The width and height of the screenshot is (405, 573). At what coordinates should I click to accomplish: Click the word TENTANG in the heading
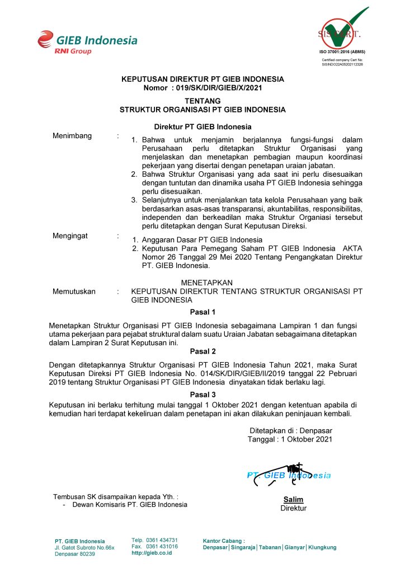tap(202, 101)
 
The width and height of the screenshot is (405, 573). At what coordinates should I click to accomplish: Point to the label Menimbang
tap(72, 136)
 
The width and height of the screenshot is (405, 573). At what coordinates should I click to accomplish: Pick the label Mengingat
tap(70, 236)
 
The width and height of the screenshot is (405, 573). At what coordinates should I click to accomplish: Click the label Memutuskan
tap(74, 291)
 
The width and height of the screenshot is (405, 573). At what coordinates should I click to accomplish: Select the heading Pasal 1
tap(202, 312)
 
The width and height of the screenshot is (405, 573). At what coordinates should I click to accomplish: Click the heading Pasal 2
tap(202, 352)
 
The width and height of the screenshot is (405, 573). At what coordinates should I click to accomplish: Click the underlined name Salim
tap(293, 499)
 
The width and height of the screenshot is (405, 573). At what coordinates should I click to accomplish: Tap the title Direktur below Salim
tap(293, 508)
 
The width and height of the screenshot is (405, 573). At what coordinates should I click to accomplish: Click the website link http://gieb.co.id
tap(152, 553)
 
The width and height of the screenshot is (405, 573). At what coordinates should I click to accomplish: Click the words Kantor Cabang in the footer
tap(223, 541)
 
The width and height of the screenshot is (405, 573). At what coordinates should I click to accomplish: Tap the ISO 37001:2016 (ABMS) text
tap(342, 51)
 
